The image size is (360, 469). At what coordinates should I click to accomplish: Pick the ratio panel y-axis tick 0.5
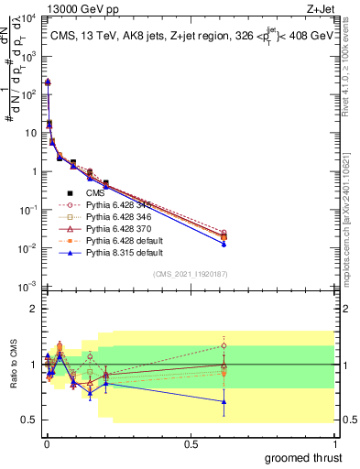(x=29, y=420)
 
